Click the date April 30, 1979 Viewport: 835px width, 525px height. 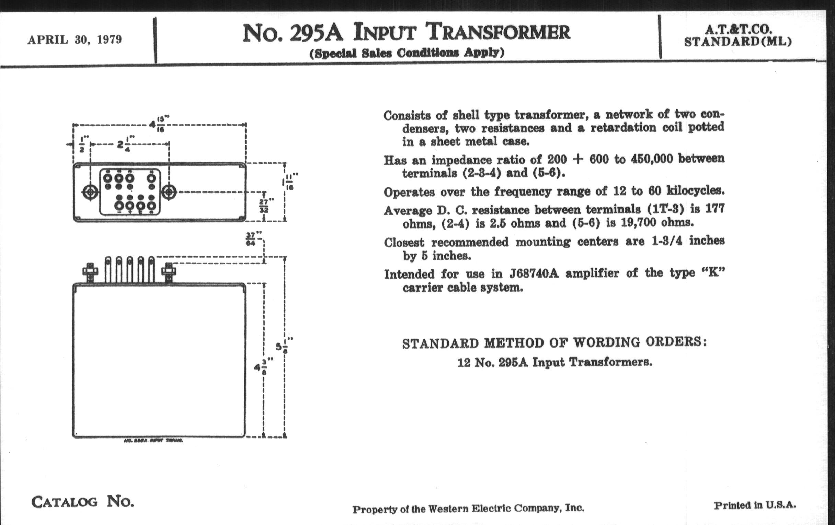75,39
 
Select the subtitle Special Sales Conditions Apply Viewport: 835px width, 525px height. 407,53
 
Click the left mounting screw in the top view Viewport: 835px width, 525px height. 90,191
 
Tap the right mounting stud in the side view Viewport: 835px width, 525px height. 169,272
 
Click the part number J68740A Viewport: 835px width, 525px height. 534,274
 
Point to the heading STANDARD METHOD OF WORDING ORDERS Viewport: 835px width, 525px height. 554,343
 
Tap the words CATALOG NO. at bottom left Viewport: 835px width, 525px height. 82,501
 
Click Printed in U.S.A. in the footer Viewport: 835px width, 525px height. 755,505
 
